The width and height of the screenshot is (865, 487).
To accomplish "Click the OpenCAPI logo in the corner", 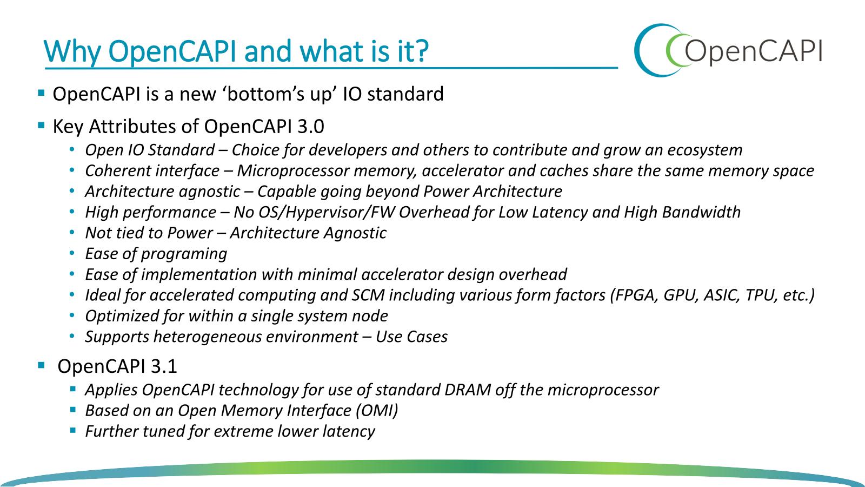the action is click(728, 50).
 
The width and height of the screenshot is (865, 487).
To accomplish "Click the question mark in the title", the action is click(422, 51).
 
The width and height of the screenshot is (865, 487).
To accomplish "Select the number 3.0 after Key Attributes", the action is click(311, 127).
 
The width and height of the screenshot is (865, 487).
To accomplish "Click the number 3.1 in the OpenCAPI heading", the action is click(164, 366).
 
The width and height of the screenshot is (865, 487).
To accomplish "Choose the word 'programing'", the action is click(184, 254).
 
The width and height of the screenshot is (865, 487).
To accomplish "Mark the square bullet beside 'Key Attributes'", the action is click(41, 125).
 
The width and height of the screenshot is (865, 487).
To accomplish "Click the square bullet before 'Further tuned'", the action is click(73, 430).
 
